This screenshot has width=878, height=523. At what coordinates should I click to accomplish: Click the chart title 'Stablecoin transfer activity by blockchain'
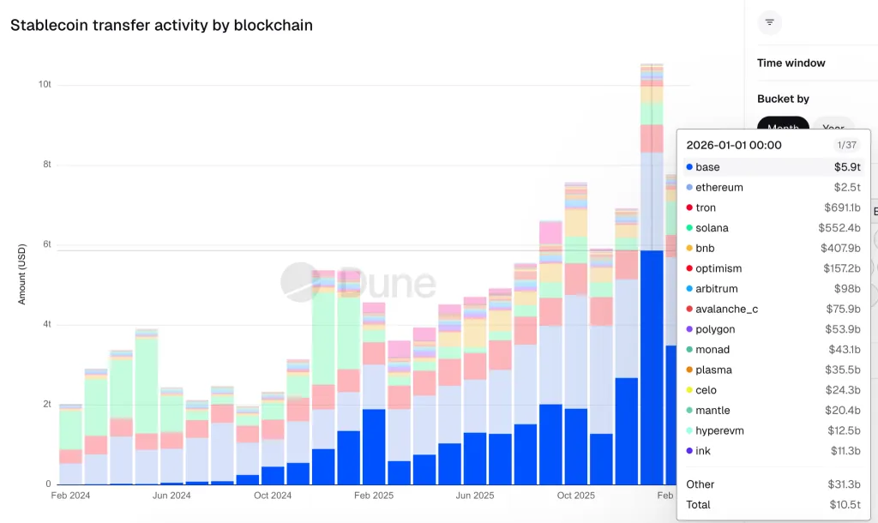click(x=161, y=26)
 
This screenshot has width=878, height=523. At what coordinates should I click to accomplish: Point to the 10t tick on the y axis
click(x=45, y=85)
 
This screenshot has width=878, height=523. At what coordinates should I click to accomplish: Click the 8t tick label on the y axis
click(x=45, y=165)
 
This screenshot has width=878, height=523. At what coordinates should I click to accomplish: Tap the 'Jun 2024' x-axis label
click(x=171, y=496)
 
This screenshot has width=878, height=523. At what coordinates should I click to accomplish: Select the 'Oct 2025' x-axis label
click(x=576, y=496)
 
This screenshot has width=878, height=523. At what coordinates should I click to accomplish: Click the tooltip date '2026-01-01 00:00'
click(x=734, y=146)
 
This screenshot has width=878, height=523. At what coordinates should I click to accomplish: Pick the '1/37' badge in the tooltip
click(x=846, y=146)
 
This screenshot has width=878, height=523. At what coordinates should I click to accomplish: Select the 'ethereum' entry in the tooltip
click(x=719, y=188)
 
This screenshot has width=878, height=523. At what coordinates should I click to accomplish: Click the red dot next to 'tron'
click(x=689, y=208)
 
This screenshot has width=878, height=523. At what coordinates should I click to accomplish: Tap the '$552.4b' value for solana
click(x=839, y=228)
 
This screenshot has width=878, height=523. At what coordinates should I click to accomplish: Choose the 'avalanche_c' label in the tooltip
click(x=726, y=310)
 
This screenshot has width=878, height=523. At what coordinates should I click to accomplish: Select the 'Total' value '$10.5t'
click(x=845, y=505)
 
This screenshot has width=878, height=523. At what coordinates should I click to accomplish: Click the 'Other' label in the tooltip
click(x=701, y=484)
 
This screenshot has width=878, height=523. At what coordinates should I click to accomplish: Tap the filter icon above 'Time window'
click(x=769, y=22)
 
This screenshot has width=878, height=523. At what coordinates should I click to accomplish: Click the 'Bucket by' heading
click(x=783, y=99)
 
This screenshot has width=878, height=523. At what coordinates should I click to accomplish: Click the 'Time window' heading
click(x=791, y=63)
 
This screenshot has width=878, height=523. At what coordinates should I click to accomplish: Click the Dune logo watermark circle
click(x=300, y=282)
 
